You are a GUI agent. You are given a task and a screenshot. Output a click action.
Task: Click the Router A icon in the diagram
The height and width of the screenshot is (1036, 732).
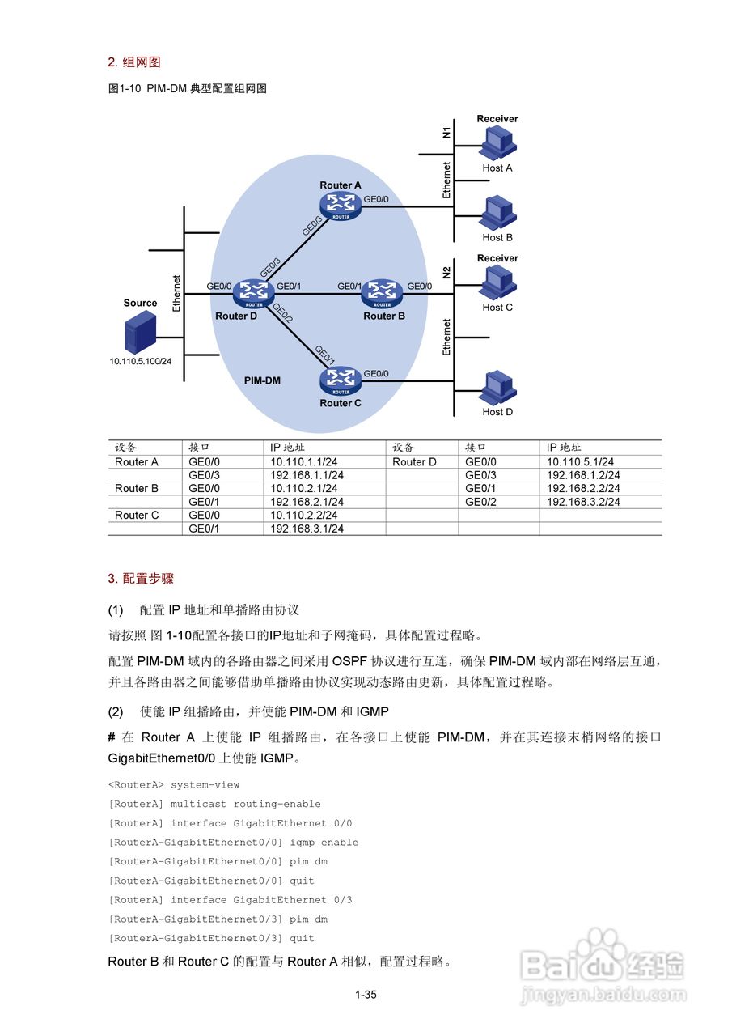[x=341, y=206]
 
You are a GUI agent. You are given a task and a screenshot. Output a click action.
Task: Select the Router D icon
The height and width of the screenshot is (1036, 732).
[x=253, y=293]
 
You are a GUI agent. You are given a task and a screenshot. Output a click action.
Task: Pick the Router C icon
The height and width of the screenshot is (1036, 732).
[x=341, y=380]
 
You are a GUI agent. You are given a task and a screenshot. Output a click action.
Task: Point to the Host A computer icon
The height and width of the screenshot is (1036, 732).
[x=497, y=145]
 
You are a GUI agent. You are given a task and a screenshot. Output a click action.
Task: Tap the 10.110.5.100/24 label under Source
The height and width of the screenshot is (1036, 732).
[x=141, y=361]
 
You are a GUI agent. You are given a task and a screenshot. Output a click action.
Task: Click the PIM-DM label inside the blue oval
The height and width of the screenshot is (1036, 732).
[x=262, y=380]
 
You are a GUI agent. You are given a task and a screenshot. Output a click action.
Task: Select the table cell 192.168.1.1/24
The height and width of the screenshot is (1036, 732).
[x=307, y=476]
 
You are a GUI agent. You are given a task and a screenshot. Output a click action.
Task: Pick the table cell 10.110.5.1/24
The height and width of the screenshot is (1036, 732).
[x=580, y=462]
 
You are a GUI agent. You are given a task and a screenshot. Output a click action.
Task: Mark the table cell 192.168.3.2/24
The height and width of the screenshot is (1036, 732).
[x=583, y=503]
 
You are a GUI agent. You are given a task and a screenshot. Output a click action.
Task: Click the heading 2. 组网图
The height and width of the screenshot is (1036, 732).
[x=134, y=62]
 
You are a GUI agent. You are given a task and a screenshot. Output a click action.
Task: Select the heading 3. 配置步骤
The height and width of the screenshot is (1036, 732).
[x=141, y=579]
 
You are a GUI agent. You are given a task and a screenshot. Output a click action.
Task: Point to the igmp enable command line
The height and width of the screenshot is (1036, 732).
[x=233, y=843]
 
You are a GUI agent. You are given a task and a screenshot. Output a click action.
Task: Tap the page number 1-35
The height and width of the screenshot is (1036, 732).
[x=366, y=996]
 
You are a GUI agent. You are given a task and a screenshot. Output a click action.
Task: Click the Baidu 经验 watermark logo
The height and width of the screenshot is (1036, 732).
[x=603, y=967]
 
